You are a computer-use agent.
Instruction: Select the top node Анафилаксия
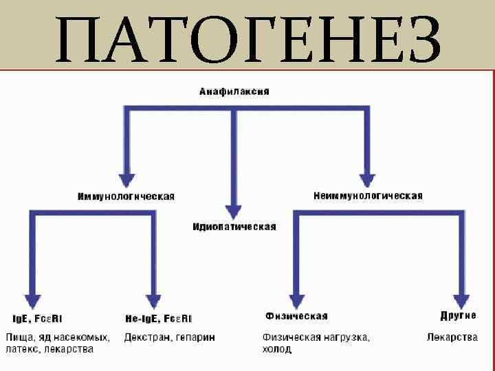click(234, 91)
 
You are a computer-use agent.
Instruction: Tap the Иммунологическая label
click(126, 196)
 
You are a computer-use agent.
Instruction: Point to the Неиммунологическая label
click(368, 196)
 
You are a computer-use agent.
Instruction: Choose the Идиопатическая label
click(234, 227)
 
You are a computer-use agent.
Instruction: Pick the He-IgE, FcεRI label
click(158, 319)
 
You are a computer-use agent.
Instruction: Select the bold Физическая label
click(296, 317)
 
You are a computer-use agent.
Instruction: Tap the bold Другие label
click(458, 316)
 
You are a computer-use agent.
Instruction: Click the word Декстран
click(146, 337)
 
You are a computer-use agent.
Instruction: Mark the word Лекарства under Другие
click(452, 337)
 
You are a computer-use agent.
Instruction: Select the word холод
click(276, 350)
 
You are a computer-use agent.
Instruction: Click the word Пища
click(20, 337)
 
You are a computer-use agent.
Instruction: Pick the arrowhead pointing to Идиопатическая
click(234, 210)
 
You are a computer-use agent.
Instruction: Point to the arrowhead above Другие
click(461, 300)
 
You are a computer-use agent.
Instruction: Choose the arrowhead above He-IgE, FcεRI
click(154, 300)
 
